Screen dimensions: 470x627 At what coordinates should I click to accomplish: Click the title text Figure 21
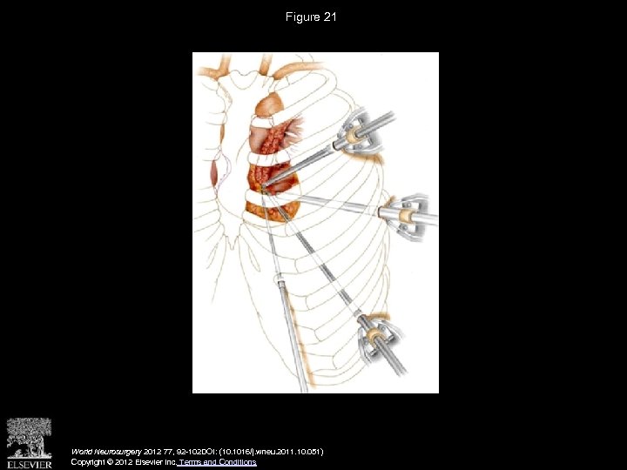[313, 17]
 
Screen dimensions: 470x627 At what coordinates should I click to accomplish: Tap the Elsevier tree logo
[30, 438]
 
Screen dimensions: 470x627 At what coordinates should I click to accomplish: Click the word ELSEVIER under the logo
[30, 463]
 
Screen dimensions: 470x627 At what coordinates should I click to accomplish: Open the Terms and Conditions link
[217, 462]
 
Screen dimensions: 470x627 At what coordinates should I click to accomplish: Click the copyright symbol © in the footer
[120, 462]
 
